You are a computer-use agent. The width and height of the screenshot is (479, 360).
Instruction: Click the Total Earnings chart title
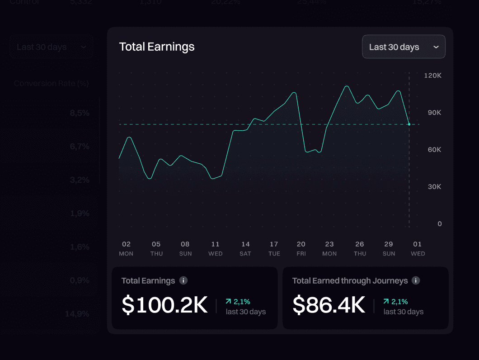(x=157, y=47)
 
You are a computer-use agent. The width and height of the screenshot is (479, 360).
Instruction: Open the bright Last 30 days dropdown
(x=404, y=47)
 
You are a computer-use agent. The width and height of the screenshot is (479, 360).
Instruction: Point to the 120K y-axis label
(x=432, y=76)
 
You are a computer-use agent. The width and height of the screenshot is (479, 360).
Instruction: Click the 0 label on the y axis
(x=439, y=224)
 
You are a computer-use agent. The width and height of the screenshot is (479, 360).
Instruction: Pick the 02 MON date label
(x=126, y=249)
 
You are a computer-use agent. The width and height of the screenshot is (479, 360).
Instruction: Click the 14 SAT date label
(x=245, y=249)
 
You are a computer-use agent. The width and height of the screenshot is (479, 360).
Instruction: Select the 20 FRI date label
(x=301, y=249)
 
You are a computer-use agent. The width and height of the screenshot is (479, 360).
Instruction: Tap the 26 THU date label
(x=360, y=249)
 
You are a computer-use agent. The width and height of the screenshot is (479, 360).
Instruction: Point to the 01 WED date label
(x=418, y=249)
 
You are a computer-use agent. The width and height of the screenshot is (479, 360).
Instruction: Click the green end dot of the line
(x=409, y=124)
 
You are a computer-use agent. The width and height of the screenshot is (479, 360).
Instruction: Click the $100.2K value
(x=164, y=305)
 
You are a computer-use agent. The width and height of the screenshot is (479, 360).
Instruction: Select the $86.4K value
(x=329, y=305)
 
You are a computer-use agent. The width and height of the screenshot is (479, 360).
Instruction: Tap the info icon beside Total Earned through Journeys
(x=416, y=280)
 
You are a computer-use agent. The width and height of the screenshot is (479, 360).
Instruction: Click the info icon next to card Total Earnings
(x=183, y=280)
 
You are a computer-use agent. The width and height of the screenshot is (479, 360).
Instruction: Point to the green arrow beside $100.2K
(x=228, y=301)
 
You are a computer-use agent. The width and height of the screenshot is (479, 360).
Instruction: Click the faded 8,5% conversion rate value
(x=80, y=113)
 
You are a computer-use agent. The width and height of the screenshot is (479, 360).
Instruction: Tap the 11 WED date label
(x=215, y=249)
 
